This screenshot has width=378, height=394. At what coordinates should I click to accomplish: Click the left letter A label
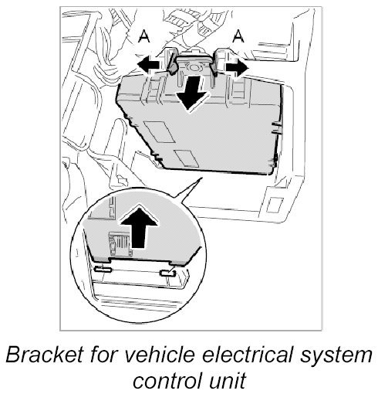pos(144,36)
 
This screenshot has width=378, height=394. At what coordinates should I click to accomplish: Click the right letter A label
pos(238,36)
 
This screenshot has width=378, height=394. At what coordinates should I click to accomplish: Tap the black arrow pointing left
pos(150,64)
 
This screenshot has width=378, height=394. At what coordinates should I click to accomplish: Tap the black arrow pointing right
pos(237,68)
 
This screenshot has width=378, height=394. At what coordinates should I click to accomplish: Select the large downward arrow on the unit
pos(192,92)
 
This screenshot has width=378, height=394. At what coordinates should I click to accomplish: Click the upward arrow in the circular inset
pos(139,227)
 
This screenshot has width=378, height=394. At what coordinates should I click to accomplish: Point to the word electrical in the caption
pos(248,355)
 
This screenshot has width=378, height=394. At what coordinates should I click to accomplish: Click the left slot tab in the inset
pos(103,270)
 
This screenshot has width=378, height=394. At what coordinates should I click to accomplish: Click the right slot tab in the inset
pos(167,273)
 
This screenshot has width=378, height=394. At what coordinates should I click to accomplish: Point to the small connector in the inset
pos(120,244)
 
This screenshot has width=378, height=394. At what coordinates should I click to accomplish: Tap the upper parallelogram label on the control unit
pos(160,131)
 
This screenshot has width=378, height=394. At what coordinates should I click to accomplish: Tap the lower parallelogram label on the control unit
pos(186,158)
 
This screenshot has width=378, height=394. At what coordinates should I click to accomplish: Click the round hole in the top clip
pos(194,66)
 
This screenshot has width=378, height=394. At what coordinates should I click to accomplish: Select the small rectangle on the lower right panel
pos(275,205)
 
